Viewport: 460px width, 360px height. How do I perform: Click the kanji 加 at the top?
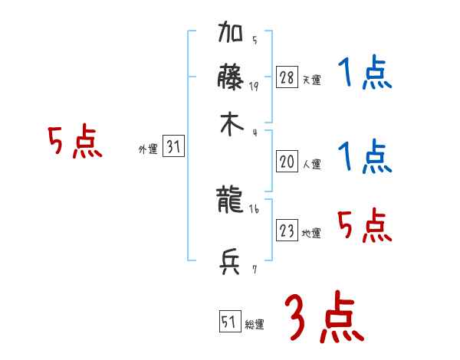coord(232,34)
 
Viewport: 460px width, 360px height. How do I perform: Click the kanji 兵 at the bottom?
coord(232,262)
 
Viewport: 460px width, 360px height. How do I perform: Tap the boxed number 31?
coord(173,147)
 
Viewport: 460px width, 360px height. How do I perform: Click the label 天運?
coord(312,80)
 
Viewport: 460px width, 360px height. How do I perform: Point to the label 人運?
coord(312,164)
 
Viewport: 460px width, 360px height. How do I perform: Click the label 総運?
coord(255,325)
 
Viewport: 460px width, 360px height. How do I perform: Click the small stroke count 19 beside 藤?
coord(254,86)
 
